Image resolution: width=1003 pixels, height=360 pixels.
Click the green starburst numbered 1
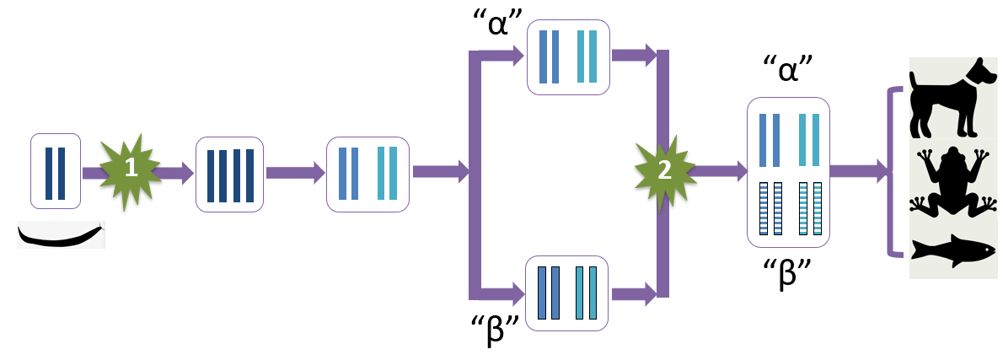click(x=131, y=169)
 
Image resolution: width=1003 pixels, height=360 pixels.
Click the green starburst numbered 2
click(x=663, y=170)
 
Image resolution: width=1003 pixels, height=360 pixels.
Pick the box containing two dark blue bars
click(x=56, y=171)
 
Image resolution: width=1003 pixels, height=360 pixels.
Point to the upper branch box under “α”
click(x=568, y=57)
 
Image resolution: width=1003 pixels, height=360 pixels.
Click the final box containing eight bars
click(x=788, y=172)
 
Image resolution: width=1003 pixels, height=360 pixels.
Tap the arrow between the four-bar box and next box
click(x=295, y=173)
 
